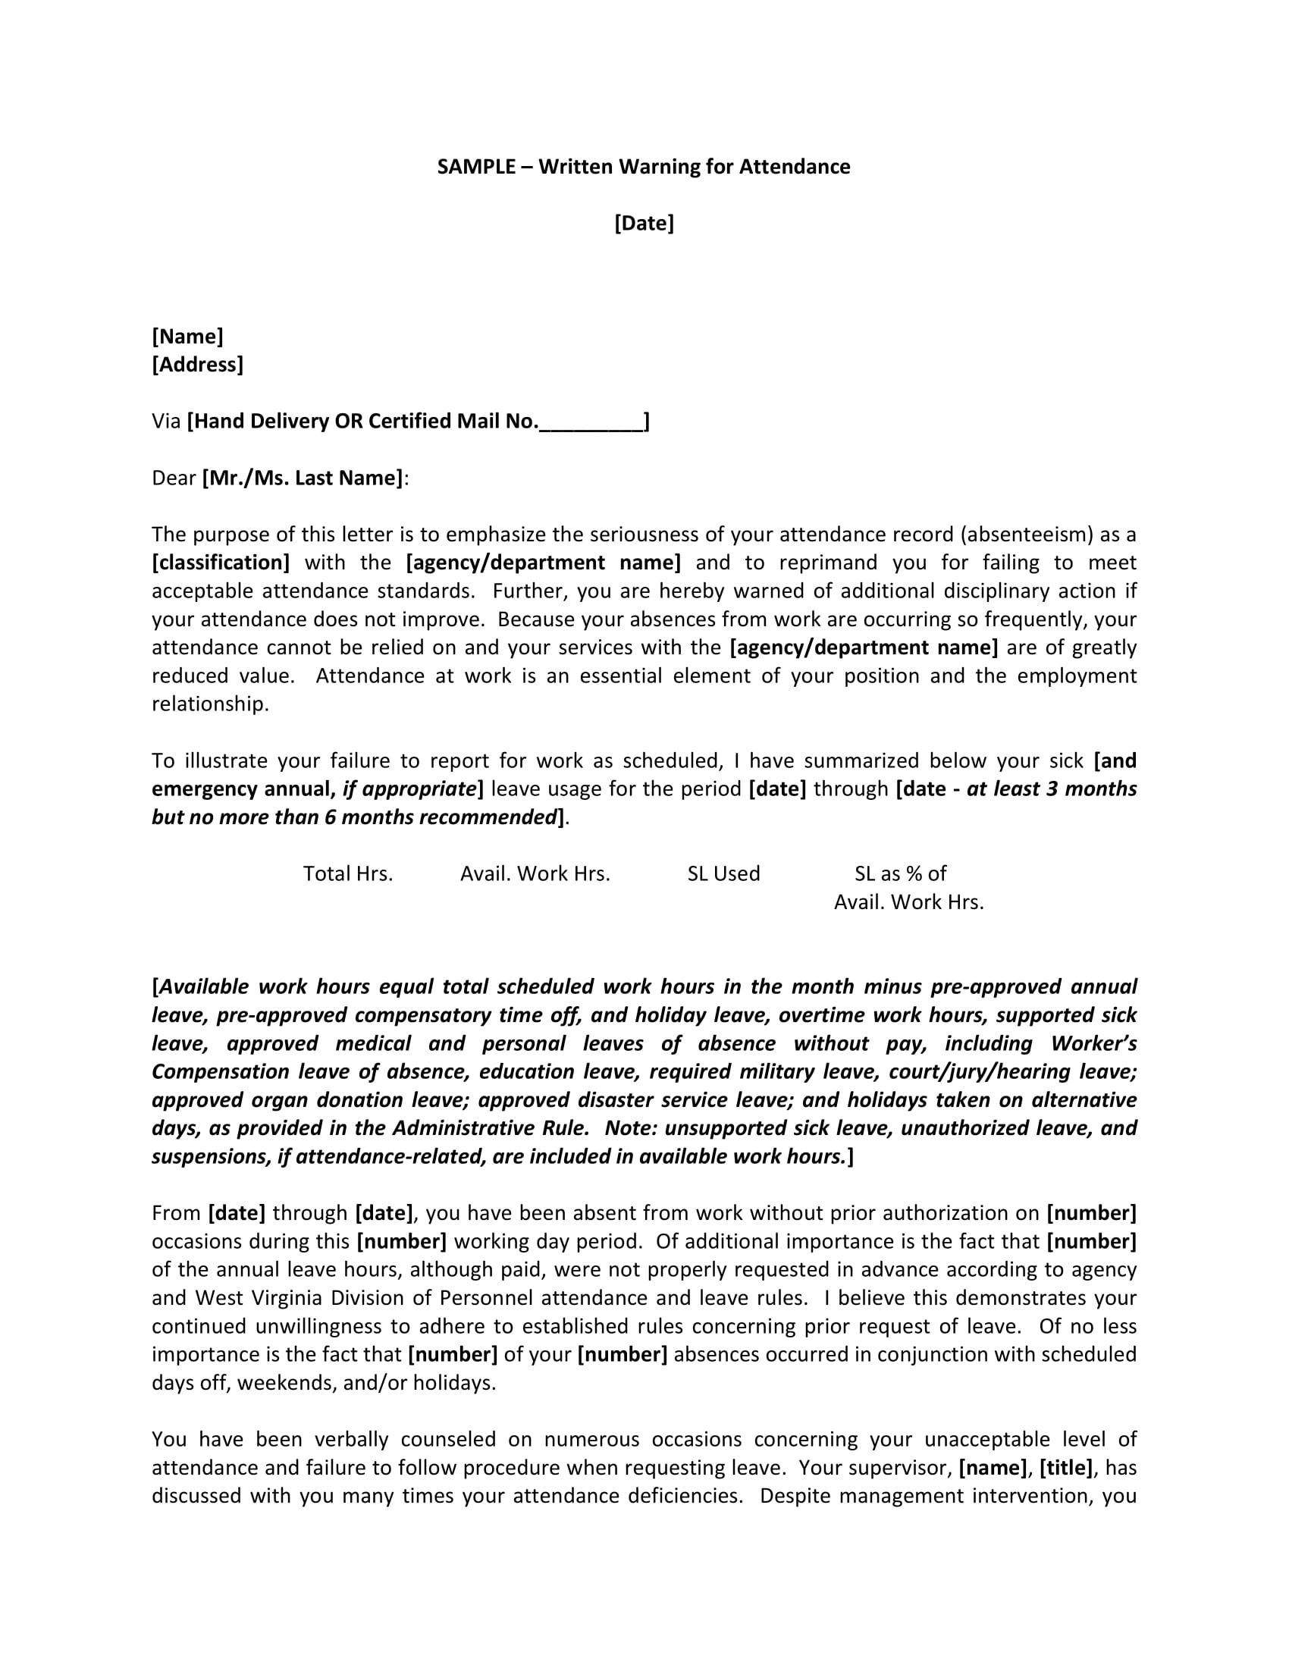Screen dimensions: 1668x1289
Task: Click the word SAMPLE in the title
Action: [475, 168]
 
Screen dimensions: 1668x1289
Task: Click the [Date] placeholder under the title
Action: [644, 224]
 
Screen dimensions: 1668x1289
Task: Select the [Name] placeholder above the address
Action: [187, 337]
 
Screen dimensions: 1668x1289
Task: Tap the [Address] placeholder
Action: [197, 365]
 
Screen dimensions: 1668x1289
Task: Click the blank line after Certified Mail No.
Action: [591, 422]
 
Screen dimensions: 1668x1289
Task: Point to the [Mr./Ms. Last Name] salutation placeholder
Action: [303, 479]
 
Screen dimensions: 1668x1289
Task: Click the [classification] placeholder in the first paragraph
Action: [221, 563]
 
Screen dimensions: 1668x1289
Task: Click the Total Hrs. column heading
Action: [347, 873]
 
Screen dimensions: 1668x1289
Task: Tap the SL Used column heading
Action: [723, 873]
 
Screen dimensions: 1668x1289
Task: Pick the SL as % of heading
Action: [900, 873]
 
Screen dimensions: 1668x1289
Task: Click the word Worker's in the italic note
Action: [1093, 1044]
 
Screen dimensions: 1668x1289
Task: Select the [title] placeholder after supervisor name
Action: [1067, 1468]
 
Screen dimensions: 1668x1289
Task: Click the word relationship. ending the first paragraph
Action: [210, 704]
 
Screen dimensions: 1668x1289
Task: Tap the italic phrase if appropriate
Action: [409, 789]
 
